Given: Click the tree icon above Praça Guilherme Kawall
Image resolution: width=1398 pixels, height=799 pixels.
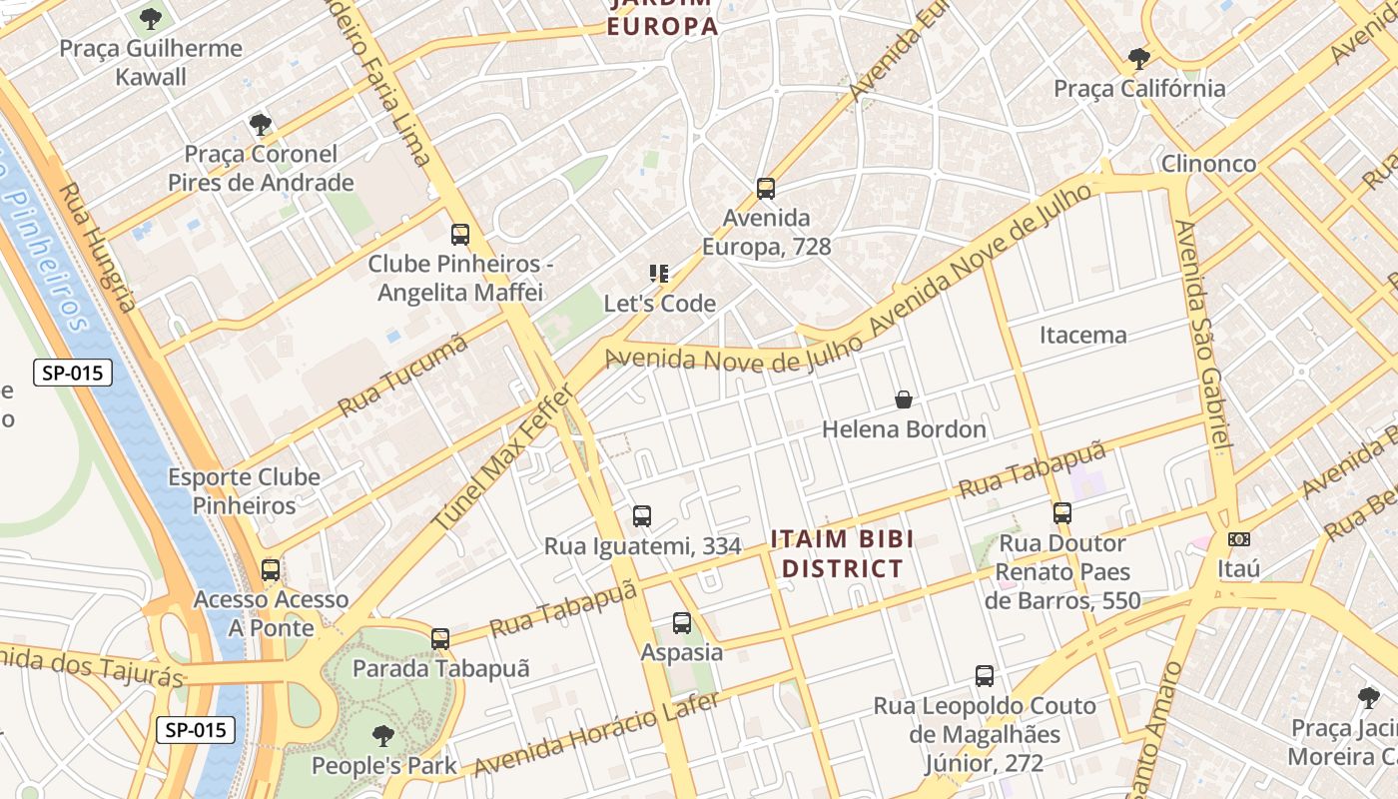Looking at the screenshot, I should (x=151, y=18).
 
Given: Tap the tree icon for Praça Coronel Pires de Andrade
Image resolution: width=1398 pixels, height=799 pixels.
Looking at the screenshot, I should (x=261, y=125).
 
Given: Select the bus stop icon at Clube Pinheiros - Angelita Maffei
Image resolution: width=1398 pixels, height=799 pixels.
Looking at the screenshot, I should (x=460, y=235).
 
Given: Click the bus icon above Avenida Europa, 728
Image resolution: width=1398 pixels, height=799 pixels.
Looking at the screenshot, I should (x=766, y=188).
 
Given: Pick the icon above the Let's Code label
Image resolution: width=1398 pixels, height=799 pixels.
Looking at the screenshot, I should (x=658, y=274).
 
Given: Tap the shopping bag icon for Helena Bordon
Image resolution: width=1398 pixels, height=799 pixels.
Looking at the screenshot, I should (x=904, y=399).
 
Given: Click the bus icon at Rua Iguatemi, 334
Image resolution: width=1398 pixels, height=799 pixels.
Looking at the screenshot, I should (x=642, y=516).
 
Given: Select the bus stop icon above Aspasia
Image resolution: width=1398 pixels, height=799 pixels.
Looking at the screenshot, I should (x=682, y=623).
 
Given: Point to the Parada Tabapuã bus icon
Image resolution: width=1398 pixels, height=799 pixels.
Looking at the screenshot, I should (x=440, y=639).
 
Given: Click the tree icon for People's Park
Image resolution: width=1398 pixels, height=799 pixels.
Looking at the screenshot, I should (x=382, y=737).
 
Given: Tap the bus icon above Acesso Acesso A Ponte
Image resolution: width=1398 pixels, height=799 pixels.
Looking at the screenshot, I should (x=271, y=570).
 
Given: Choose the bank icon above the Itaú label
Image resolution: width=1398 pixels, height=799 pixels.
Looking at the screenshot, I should (x=1239, y=539).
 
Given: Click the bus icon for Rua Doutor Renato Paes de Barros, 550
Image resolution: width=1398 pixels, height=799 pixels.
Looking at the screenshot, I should (x=1062, y=513).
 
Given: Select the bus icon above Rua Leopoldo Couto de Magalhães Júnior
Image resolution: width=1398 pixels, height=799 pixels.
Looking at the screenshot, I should (x=985, y=676).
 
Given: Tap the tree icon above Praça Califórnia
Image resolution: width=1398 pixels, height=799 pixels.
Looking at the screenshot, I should (x=1139, y=58).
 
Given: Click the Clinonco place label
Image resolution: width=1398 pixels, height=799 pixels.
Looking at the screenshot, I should (x=1208, y=163).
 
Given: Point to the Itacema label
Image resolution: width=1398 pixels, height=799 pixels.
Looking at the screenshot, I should (x=1083, y=335).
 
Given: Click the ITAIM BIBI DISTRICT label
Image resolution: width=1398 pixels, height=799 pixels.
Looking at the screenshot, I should (x=843, y=554).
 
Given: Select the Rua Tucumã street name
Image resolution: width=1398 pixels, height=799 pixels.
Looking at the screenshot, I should (x=403, y=377).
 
